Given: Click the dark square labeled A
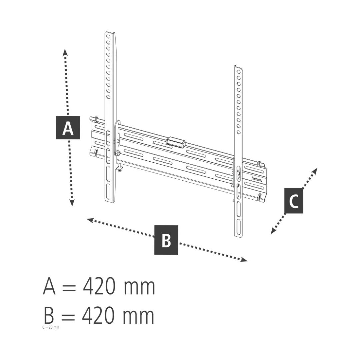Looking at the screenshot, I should pyautogui.click(x=68, y=128).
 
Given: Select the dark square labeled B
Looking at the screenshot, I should pyautogui.click(x=166, y=240).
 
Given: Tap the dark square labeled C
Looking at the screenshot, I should pyautogui.click(x=294, y=201).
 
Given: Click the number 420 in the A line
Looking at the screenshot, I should pyautogui.click(x=99, y=286).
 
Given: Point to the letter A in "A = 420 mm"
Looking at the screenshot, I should pyautogui.click(x=49, y=286).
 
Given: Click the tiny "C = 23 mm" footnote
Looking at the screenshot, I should pyautogui.click(x=51, y=327).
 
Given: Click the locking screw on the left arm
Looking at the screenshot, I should pyautogui.click(x=118, y=153).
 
